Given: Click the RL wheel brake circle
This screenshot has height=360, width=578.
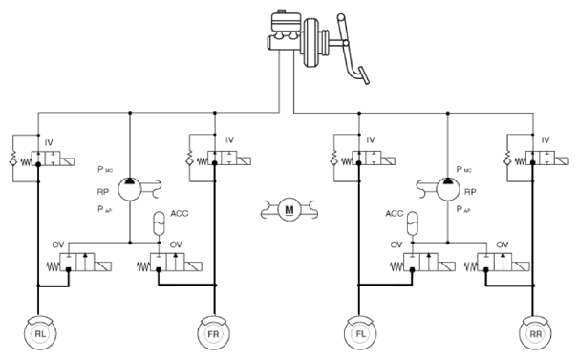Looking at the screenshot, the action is [40, 333].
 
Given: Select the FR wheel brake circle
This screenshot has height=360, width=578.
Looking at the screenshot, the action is [213, 333].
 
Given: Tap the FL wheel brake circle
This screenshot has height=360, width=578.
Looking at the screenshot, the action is [360, 333].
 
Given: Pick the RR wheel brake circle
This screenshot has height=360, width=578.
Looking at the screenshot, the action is [536, 333].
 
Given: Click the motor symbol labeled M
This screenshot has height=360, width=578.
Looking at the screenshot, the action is [289, 210].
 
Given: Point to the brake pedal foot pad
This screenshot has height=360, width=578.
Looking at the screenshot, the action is [365, 75].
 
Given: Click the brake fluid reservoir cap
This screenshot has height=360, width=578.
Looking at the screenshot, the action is [282, 11].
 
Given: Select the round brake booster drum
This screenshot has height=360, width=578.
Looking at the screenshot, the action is [310, 42].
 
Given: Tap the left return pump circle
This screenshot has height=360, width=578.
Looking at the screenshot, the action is [130, 189].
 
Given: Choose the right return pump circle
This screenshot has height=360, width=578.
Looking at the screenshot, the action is [448, 189].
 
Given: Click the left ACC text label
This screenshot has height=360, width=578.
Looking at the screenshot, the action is [180, 213].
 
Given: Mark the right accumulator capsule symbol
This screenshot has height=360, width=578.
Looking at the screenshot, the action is [413, 223].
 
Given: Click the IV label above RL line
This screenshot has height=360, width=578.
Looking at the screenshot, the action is [49, 142].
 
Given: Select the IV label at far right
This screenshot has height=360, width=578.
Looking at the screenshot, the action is [546, 140].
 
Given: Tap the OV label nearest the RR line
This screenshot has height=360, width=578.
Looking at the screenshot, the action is [503, 244].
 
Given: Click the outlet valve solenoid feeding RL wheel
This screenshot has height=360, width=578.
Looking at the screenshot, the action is [103, 266].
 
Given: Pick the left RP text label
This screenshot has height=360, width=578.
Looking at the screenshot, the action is [103, 192].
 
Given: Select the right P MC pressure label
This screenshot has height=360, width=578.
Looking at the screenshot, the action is [463, 170].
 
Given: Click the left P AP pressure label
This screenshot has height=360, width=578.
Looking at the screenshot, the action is [105, 209].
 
